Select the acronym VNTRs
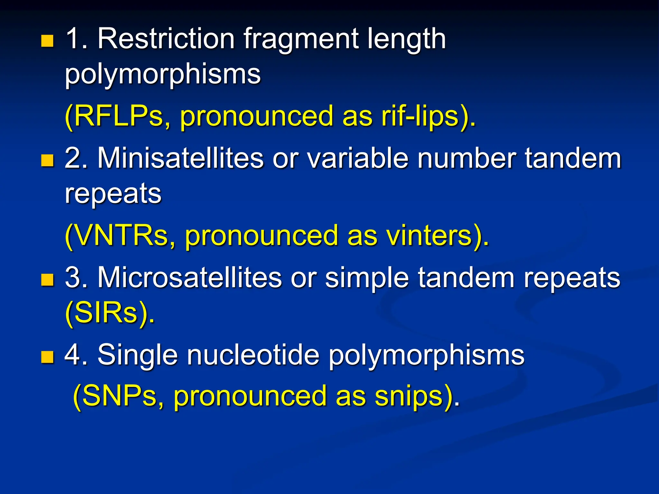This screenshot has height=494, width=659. [121, 235]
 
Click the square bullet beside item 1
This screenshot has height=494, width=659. [47, 41]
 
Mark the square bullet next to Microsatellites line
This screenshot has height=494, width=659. [47, 279]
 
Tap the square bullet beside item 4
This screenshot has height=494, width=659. [47, 357]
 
